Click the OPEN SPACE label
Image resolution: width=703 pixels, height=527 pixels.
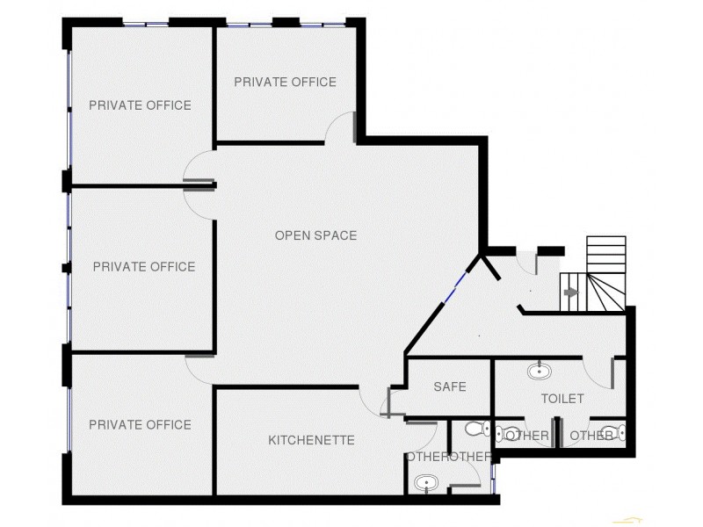315,235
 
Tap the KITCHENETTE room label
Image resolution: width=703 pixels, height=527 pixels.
311,440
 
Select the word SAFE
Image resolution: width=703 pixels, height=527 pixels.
449,386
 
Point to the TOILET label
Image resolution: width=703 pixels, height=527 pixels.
562,399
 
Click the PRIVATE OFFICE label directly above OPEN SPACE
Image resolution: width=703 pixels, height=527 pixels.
285,83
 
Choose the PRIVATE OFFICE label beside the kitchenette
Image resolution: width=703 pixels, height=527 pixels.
140,425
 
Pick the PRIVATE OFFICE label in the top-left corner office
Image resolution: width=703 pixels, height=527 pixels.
140,105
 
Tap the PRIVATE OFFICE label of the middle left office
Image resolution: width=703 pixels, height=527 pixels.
143,267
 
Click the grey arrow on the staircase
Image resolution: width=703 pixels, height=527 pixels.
570,292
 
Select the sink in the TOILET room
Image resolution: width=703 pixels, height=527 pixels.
539,372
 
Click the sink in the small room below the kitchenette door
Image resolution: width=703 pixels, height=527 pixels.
426,482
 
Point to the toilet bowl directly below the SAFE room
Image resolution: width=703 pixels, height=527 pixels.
476,430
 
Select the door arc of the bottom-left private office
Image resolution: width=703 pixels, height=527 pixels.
199,368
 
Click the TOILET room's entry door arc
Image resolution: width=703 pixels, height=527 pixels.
599,372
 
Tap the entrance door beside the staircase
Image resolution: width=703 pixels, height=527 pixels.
527,263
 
